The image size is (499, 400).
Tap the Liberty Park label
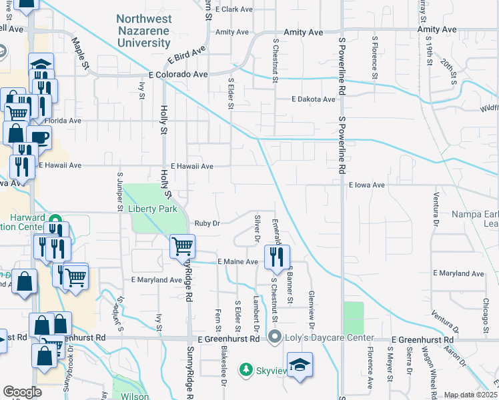(x=153, y=209)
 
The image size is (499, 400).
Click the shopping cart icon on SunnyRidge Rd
(x=182, y=246)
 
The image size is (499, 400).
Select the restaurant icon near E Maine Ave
(x=277, y=256)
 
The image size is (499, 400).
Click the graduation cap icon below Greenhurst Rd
(x=300, y=365)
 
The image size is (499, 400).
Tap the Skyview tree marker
(x=247, y=369)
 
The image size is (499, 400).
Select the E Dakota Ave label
(x=313, y=99)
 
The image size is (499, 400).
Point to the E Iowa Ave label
(x=367, y=185)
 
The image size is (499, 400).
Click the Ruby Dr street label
(x=207, y=223)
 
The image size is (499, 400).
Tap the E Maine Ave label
(x=237, y=262)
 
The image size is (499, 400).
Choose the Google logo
(x=22, y=392)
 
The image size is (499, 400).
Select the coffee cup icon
(x=39, y=138)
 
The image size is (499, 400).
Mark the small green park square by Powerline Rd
(x=354, y=318)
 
